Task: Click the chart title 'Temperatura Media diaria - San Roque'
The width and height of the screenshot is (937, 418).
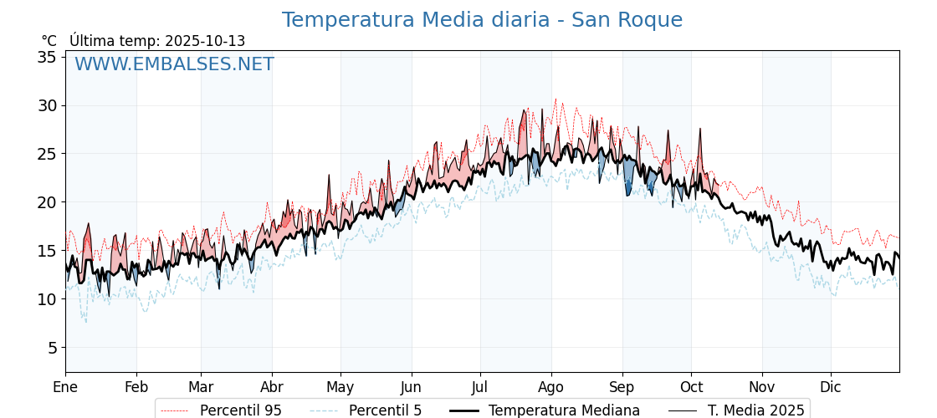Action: pyautogui.click(x=482, y=20)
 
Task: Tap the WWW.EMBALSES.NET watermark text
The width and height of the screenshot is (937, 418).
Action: pyautogui.click(x=174, y=64)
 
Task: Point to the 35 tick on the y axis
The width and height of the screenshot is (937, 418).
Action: pyautogui.click(x=47, y=57)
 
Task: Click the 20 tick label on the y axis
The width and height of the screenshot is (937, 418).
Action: pyautogui.click(x=47, y=202)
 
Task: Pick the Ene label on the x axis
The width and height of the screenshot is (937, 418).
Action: pyautogui.click(x=65, y=387)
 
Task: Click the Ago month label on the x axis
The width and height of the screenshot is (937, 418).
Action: pyautogui.click(x=550, y=387)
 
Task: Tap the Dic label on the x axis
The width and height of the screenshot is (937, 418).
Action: pyautogui.click(x=831, y=387)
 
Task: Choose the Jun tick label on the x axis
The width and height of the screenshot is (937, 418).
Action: pyautogui.click(x=411, y=387)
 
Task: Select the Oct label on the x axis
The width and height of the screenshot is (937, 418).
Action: pyautogui.click(x=691, y=387)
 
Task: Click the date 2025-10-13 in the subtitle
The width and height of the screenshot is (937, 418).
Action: pyautogui.click(x=205, y=41)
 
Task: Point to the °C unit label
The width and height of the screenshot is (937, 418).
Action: pyautogui.click(x=49, y=41)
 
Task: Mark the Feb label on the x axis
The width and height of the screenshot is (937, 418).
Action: pyautogui.click(x=136, y=387)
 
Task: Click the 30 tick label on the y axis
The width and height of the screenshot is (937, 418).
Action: pyautogui.click(x=47, y=105)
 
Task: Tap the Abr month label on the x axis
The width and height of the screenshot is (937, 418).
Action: pyautogui.click(x=272, y=387)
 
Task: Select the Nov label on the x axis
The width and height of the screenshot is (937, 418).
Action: pyautogui.click(x=762, y=387)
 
